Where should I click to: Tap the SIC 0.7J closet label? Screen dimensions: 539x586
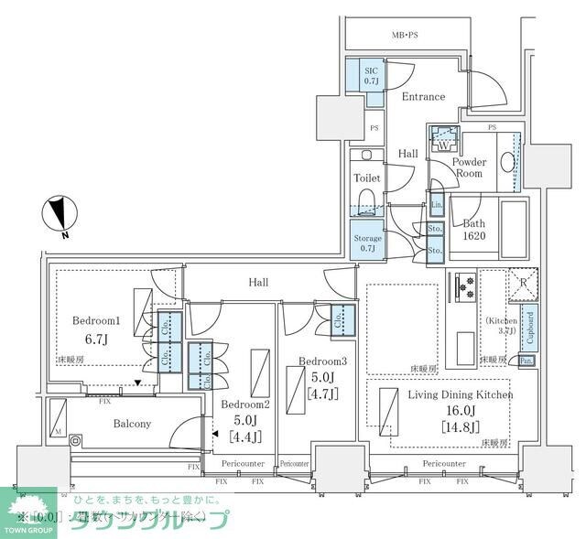[x=371, y=75]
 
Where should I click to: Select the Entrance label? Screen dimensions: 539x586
[x=422, y=96]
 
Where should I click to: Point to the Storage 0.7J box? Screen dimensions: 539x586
[x=368, y=243]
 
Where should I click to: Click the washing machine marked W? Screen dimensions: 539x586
[x=443, y=142]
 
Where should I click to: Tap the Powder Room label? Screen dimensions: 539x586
[x=469, y=167]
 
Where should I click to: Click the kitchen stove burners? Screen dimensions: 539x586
[x=465, y=287]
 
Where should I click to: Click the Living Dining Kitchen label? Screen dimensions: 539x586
[x=461, y=394]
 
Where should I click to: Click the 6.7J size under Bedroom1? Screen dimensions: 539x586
[x=97, y=340]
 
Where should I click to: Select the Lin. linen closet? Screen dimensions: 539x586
[x=437, y=207]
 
